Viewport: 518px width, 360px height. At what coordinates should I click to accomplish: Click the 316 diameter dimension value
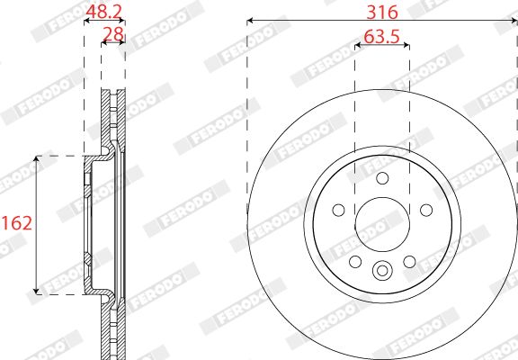pos(382,13)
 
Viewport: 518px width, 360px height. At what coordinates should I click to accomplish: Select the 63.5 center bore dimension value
pos(382,37)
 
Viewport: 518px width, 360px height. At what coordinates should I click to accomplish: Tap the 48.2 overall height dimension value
pos(104,12)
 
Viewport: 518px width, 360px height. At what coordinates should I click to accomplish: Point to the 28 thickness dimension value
pos(113,34)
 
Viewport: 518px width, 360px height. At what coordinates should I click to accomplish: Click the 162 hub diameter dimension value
pos(17,223)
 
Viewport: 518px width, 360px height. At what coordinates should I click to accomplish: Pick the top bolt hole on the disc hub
pos(382,178)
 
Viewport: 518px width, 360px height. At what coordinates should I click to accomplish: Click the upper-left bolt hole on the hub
pos(339,210)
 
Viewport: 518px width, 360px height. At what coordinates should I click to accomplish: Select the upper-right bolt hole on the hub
pos(426,210)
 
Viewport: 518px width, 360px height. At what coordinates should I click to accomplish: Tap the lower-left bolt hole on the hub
pos(355,262)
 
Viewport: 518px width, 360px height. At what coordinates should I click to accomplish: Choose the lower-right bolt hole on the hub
pos(410,262)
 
